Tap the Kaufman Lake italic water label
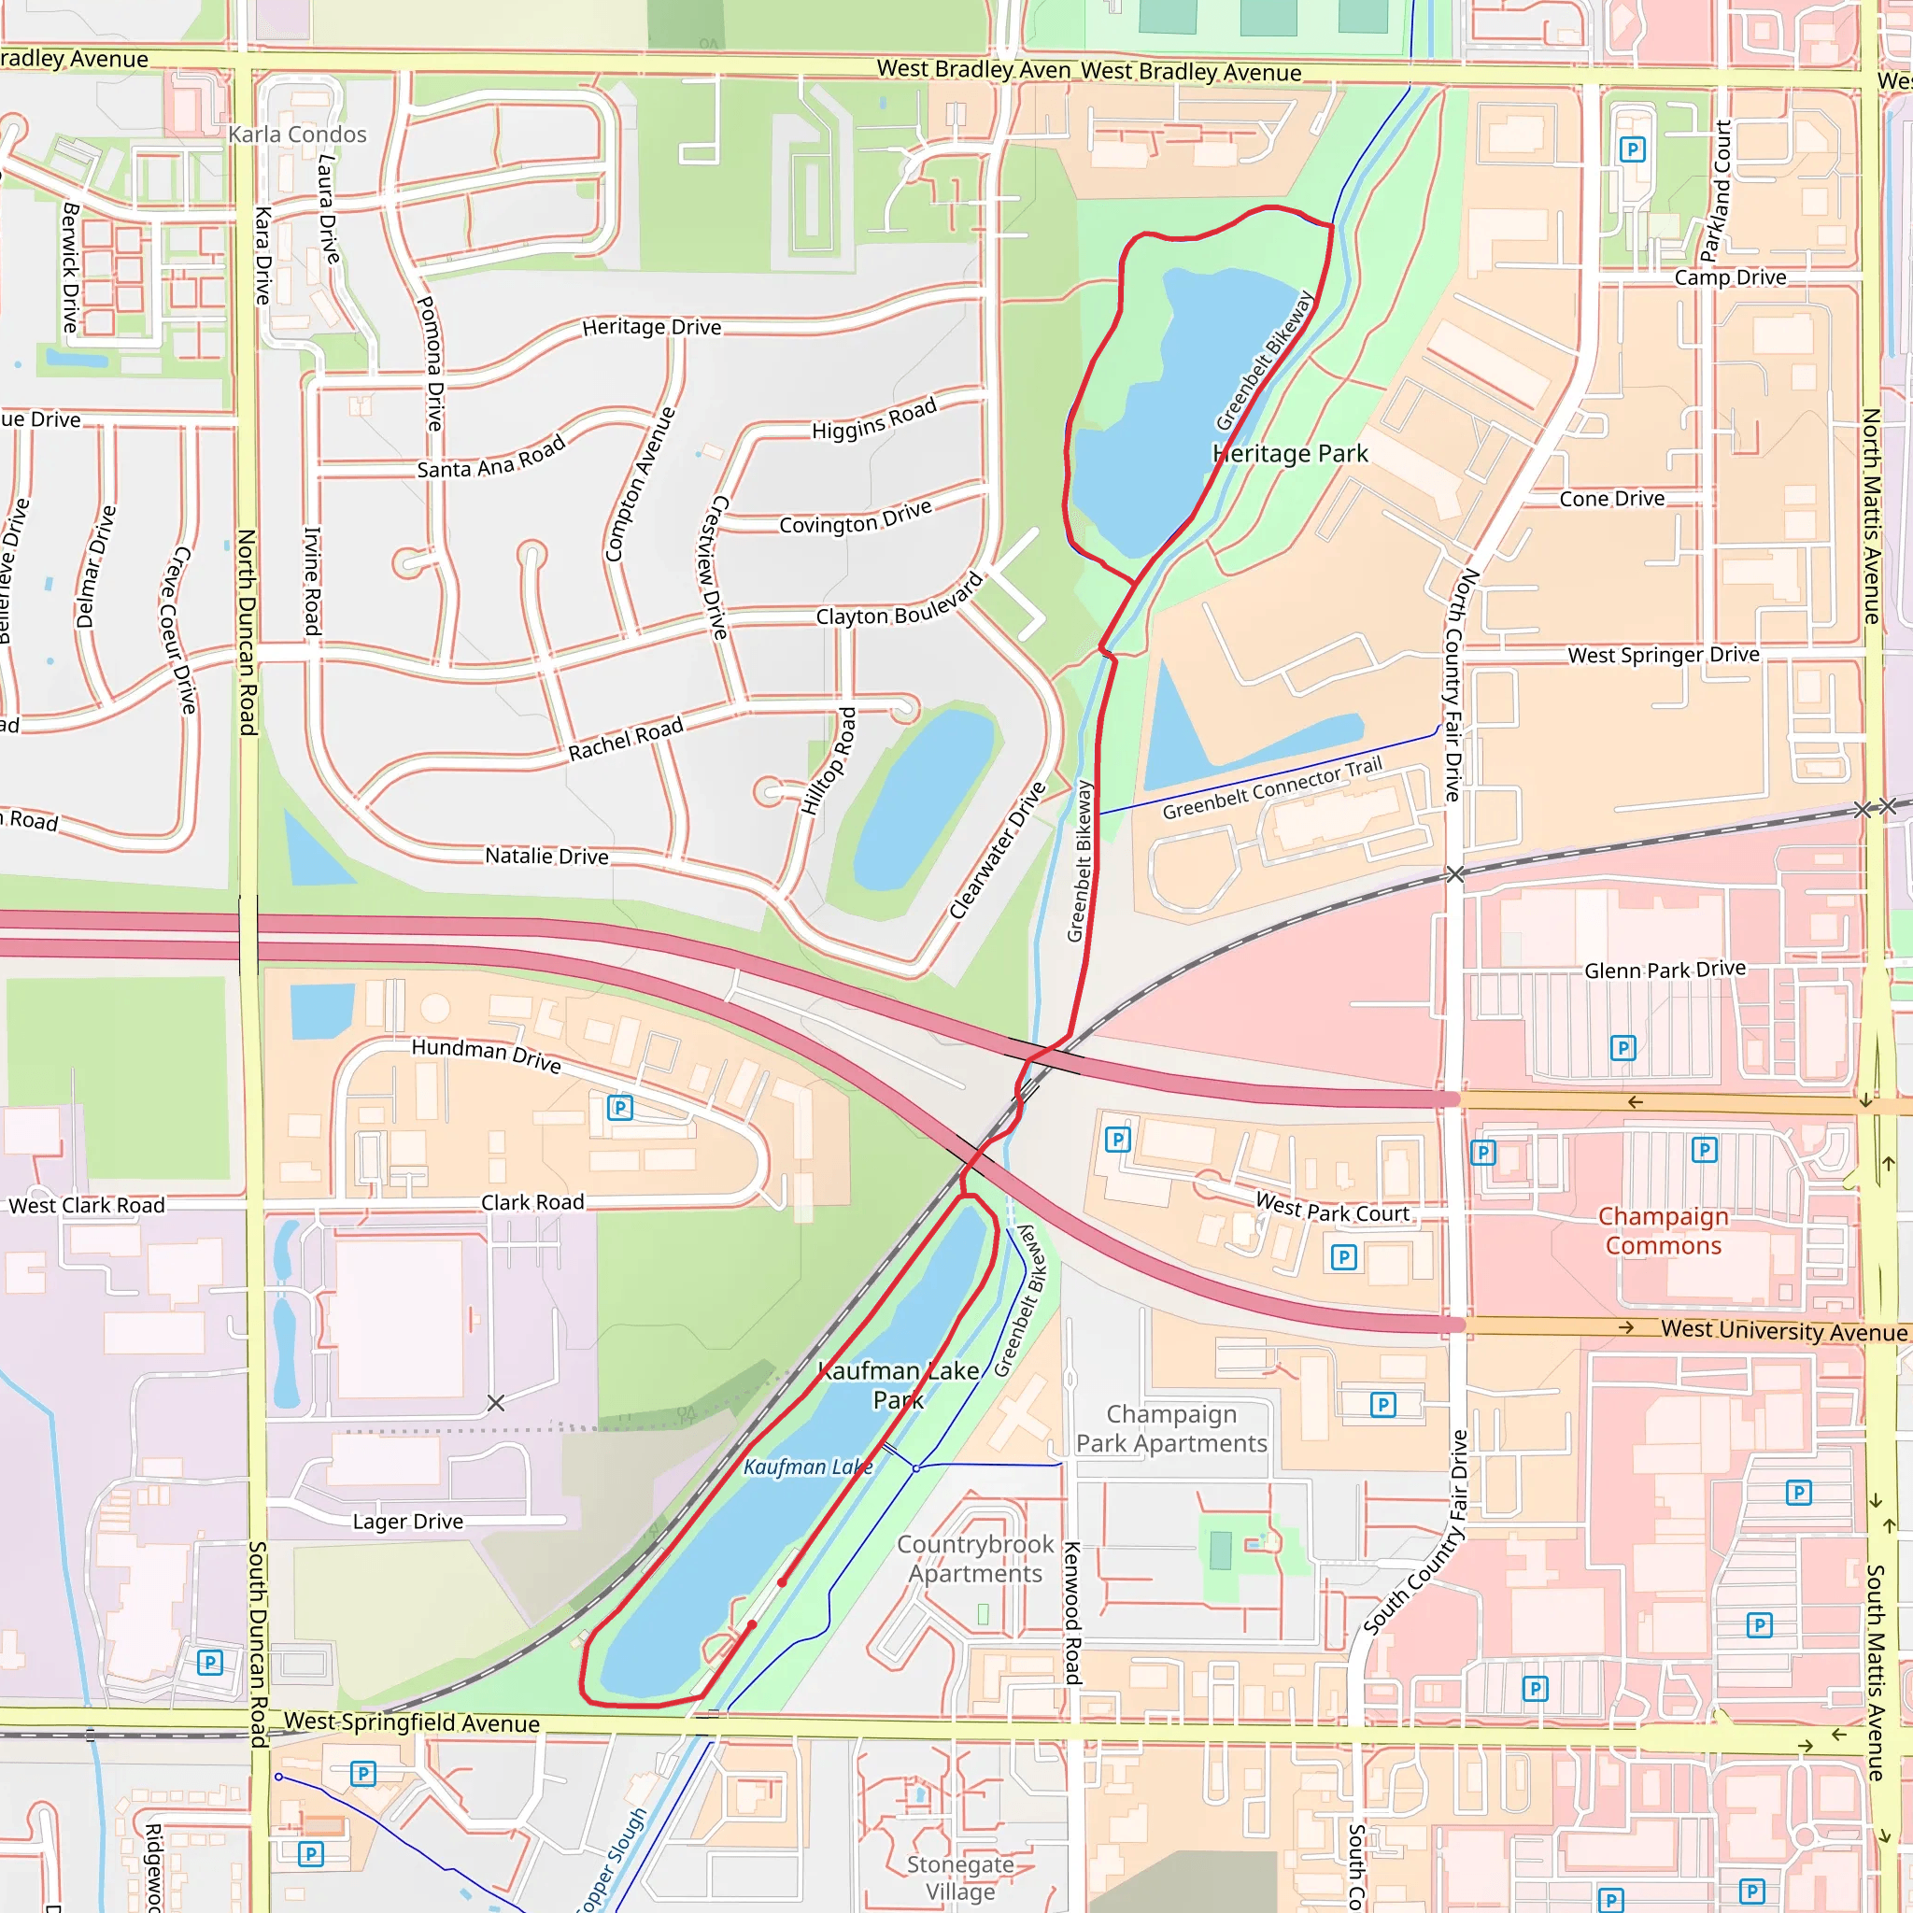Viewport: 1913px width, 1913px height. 807,1467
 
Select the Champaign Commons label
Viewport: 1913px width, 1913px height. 1663,1231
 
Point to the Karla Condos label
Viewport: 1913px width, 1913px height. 297,134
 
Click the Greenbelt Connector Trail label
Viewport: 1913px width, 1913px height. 1271,788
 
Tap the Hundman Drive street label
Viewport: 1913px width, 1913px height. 486,1055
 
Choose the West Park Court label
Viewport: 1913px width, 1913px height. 1332,1208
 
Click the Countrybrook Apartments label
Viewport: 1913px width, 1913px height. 975,1559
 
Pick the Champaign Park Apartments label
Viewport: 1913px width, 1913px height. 1171,1428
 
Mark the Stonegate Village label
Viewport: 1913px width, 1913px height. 959,1878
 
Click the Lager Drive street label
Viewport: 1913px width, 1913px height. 408,1521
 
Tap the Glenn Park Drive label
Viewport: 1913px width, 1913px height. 1665,970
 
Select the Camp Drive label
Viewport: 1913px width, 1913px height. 1730,277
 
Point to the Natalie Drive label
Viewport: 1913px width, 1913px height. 546,856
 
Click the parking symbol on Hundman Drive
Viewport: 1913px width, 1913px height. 620,1107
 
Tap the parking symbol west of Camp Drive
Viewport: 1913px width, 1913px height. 1632,149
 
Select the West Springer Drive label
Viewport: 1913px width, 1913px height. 1664,655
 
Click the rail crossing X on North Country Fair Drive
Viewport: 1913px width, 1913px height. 1454,874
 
